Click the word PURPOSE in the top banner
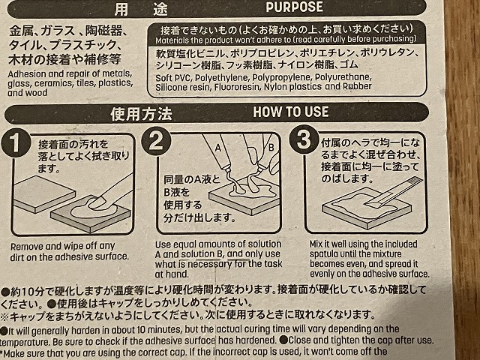pyautogui.click(x=294, y=7)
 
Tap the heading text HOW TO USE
pyautogui.click(x=291, y=112)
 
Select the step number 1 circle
pyautogui.click(x=15, y=143)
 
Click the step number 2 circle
pyautogui.click(x=156, y=141)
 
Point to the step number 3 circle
pyautogui.click(x=304, y=139)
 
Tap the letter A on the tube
pyautogui.click(x=217, y=148)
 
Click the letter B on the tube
pyautogui.click(x=271, y=148)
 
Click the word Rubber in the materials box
pyautogui.click(x=357, y=86)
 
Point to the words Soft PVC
pyautogui.click(x=173, y=78)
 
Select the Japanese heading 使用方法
pyautogui.click(x=141, y=114)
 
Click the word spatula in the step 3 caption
pyautogui.click(x=324, y=254)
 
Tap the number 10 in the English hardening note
pyautogui.click(x=141, y=330)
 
